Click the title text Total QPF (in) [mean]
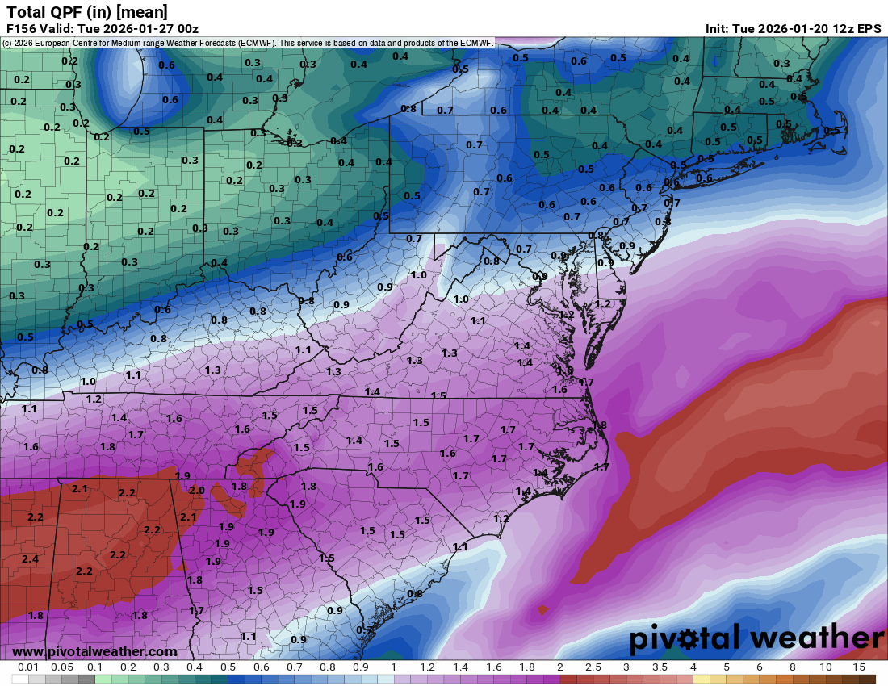click(x=87, y=11)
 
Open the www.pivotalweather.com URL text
click(x=94, y=651)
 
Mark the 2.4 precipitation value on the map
click(x=30, y=559)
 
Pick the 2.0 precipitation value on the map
click(x=197, y=491)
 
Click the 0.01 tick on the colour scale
click(x=28, y=668)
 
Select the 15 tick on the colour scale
click(x=859, y=668)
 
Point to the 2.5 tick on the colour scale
click(x=593, y=668)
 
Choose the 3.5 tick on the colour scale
click(x=660, y=668)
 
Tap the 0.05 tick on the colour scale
click(x=61, y=668)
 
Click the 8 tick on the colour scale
click(x=793, y=668)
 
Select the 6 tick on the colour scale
click(x=760, y=668)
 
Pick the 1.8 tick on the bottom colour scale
click(x=527, y=668)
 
